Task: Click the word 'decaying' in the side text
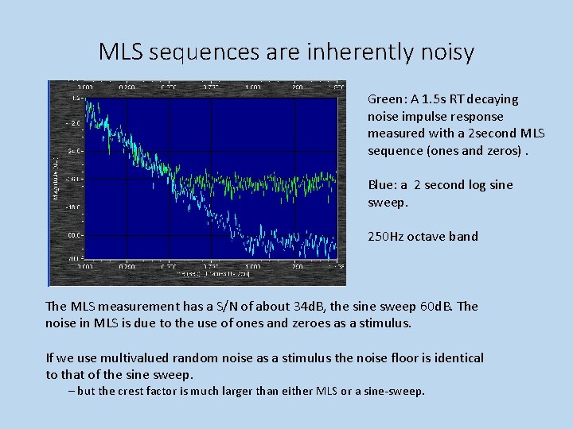tap(493, 99)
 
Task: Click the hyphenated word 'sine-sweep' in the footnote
tap(396, 391)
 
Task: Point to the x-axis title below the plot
tap(214, 273)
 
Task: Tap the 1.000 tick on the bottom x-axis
tap(252, 266)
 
